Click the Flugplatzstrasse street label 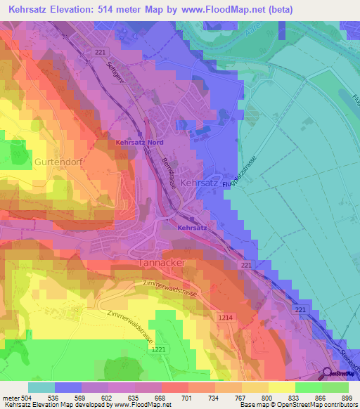tap(245, 169)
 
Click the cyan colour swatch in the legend tap(41, 387)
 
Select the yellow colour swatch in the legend tap(282, 387)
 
